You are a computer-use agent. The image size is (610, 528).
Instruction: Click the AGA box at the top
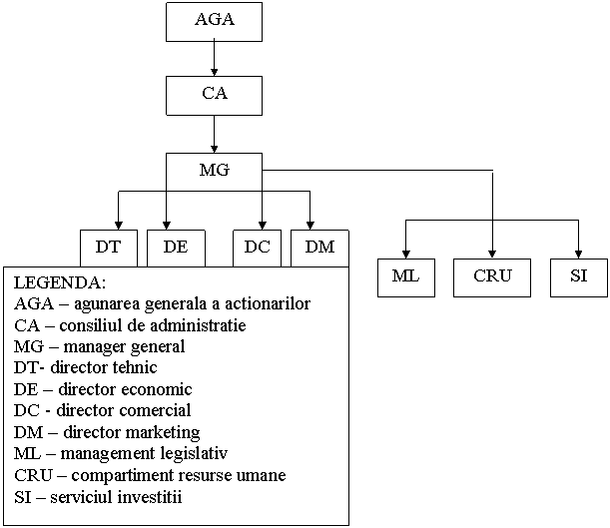coord(214,22)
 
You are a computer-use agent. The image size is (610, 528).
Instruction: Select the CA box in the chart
coord(214,96)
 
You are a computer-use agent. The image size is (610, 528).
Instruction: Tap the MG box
coord(214,171)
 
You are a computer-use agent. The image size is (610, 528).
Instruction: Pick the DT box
coord(109,249)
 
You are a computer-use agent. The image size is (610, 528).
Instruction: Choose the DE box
coord(176,249)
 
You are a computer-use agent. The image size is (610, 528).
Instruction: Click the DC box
coord(257,249)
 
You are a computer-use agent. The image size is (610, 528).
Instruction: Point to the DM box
coord(319,249)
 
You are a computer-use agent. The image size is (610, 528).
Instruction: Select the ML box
coord(406,277)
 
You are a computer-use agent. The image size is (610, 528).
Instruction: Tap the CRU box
coord(492,277)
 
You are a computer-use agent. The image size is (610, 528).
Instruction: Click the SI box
coord(579,277)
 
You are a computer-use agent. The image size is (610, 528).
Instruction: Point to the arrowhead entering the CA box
coord(214,72)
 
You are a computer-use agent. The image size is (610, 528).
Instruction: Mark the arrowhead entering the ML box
coord(405,255)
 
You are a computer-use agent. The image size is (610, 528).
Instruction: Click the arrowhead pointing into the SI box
coord(578,255)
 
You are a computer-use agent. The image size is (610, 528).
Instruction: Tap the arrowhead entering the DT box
coord(119,226)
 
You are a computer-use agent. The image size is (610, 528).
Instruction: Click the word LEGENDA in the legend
coord(60,283)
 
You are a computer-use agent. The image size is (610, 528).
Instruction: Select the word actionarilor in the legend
coord(268,304)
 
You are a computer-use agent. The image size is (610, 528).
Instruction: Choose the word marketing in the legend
coord(163,433)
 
